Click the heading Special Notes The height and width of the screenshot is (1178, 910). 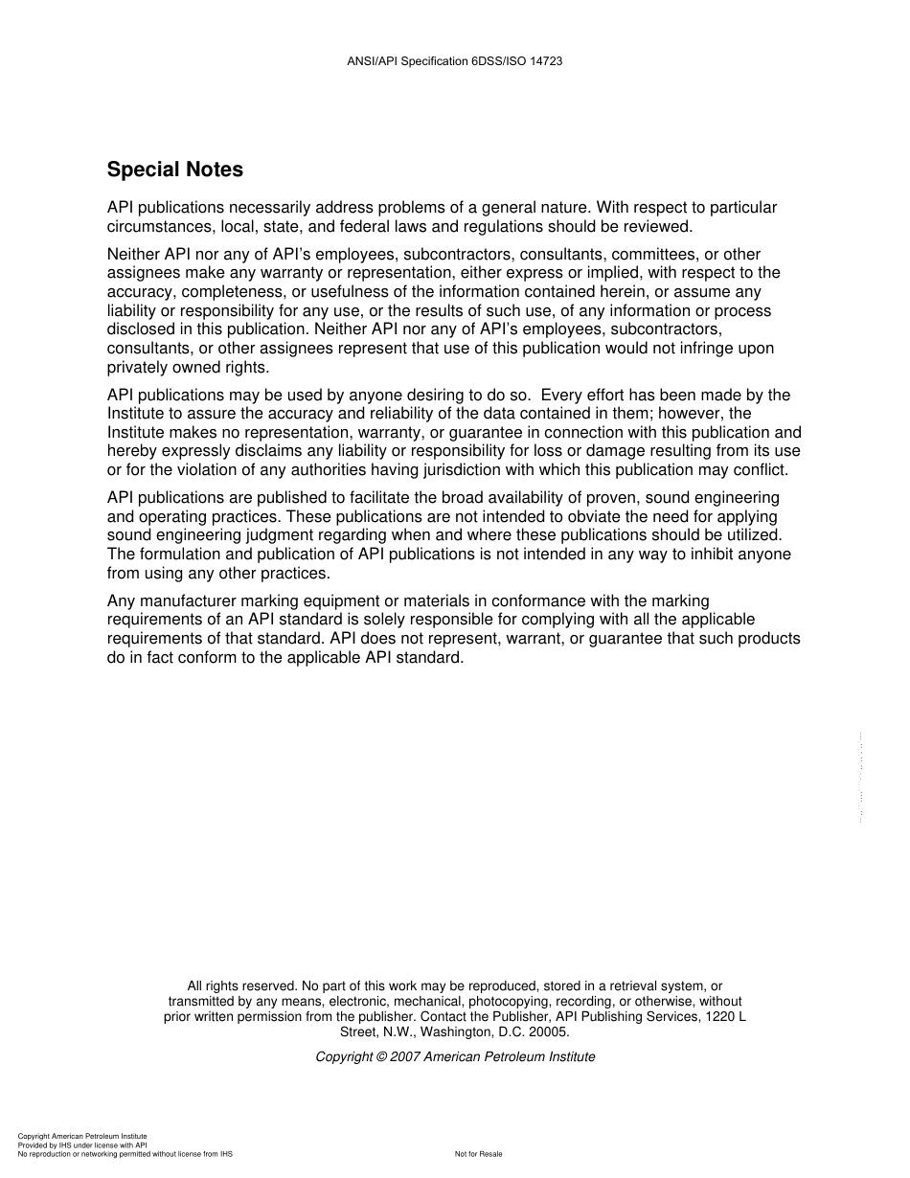coord(174,170)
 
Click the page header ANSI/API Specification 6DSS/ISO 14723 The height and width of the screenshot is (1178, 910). coord(454,61)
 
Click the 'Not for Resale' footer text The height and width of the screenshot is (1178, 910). coord(478,1154)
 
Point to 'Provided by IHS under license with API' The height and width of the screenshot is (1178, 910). coord(82,1144)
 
